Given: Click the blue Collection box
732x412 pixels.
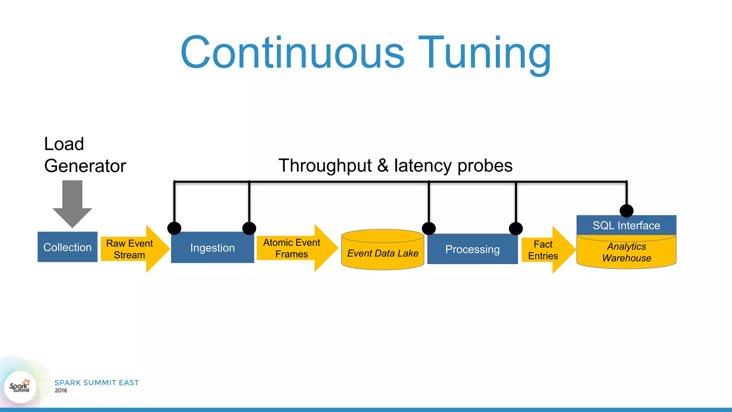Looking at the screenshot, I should (x=67, y=247).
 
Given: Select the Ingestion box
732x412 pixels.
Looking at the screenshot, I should (x=212, y=248).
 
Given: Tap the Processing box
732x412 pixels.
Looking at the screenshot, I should (x=472, y=249).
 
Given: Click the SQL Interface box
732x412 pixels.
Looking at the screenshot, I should (x=626, y=226).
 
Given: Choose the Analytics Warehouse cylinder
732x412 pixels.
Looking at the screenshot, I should (x=626, y=252).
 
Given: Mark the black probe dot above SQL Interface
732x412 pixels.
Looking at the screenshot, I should (x=627, y=211).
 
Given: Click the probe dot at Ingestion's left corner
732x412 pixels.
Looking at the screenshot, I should (x=174, y=228).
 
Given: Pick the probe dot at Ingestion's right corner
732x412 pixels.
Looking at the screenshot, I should (x=249, y=228).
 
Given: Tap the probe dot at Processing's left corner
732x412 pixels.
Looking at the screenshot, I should (x=429, y=228).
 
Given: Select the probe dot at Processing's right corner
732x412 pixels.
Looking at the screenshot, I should (x=516, y=229).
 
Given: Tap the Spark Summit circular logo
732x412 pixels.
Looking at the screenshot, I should (x=20, y=387).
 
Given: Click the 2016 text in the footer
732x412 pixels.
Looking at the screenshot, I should (x=61, y=391).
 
